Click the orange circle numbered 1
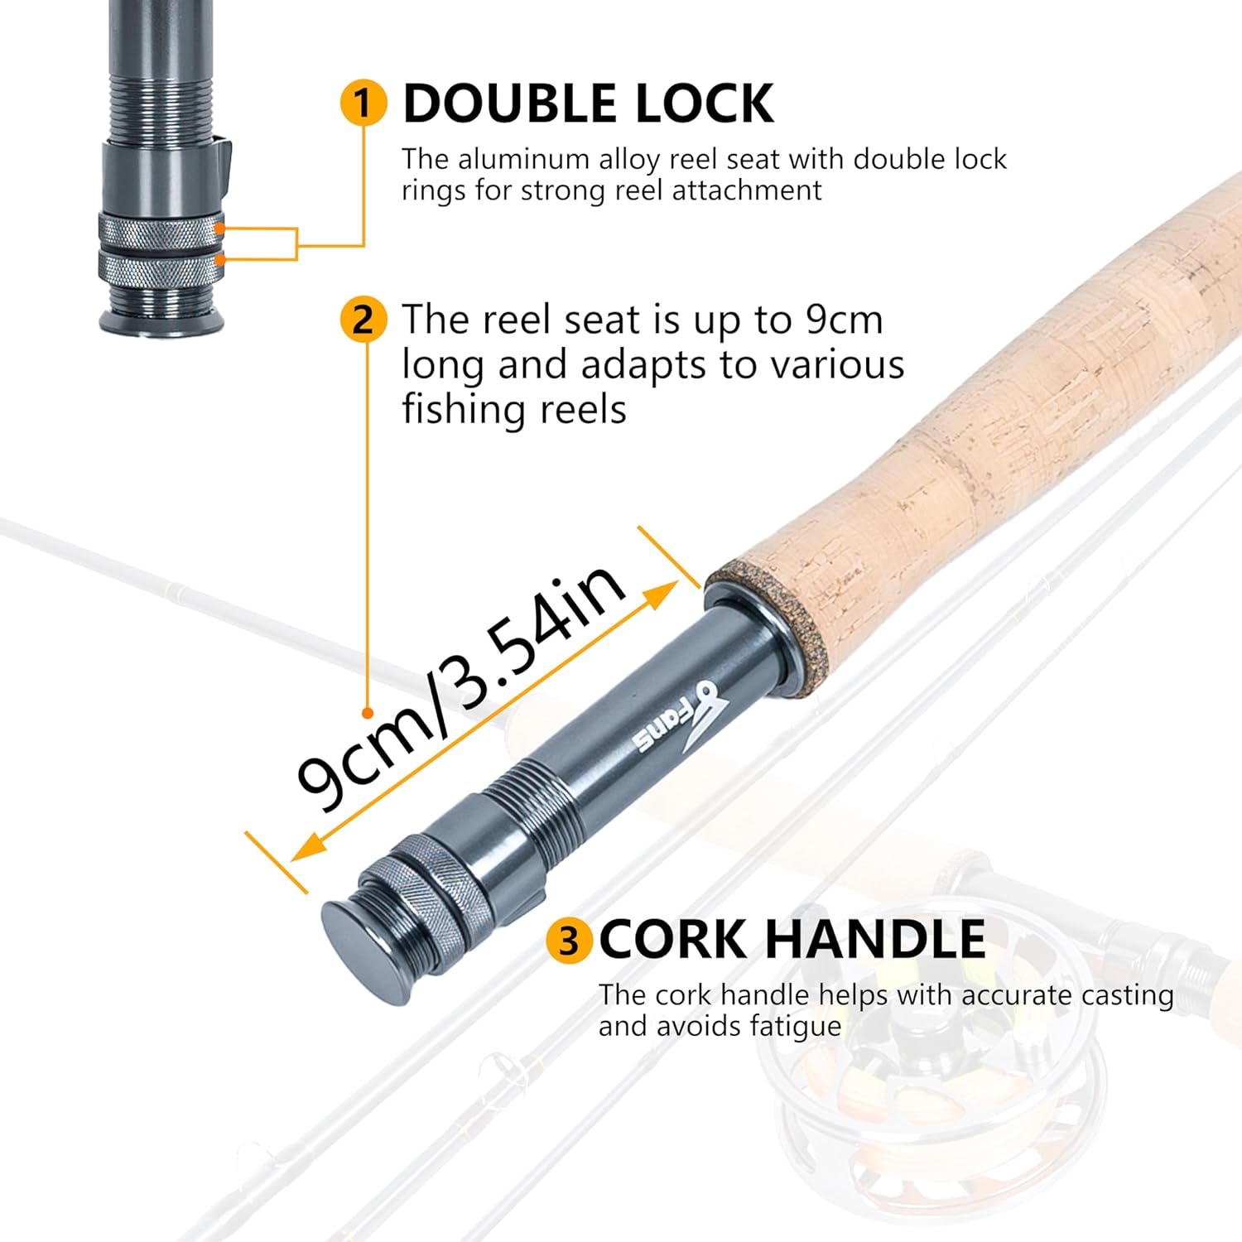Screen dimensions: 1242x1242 click(363, 103)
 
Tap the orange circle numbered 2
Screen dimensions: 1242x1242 click(363, 319)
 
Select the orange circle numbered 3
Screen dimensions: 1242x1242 click(569, 941)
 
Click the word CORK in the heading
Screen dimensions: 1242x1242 click(672, 940)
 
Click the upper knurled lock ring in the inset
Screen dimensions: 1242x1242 click(161, 229)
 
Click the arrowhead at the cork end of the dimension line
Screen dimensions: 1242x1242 click(661, 594)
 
